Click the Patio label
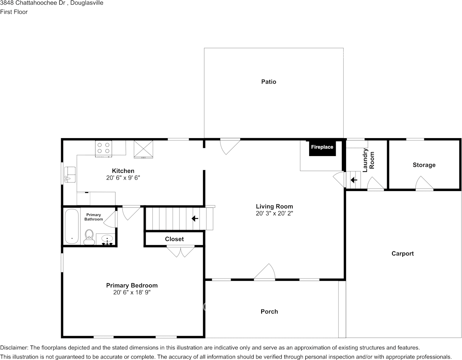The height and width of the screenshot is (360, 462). [268, 82]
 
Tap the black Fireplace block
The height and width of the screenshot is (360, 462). [322, 148]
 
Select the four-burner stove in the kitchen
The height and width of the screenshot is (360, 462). [103, 149]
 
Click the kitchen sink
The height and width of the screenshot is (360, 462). [70, 175]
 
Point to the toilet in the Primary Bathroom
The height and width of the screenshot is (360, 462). [89, 237]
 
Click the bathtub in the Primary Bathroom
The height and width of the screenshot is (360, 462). [71, 226]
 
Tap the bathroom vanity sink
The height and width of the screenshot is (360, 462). [107, 240]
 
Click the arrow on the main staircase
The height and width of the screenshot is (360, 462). [195, 218]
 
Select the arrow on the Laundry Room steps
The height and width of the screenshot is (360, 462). [354, 180]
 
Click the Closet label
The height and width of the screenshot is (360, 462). [174, 239]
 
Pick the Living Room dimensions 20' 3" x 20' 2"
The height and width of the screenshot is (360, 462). [274, 213]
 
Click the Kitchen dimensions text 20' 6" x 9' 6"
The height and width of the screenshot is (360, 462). [123, 178]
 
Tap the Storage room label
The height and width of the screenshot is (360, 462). [424, 165]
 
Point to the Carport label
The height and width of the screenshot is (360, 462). [402, 253]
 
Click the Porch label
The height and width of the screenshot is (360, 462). [269, 312]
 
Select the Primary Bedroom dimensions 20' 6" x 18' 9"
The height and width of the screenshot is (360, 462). [132, 292]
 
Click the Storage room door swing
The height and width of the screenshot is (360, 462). [424, 183]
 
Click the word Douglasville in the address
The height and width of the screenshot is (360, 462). [87, 3]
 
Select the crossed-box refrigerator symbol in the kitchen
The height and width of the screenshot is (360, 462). [143, 149]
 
